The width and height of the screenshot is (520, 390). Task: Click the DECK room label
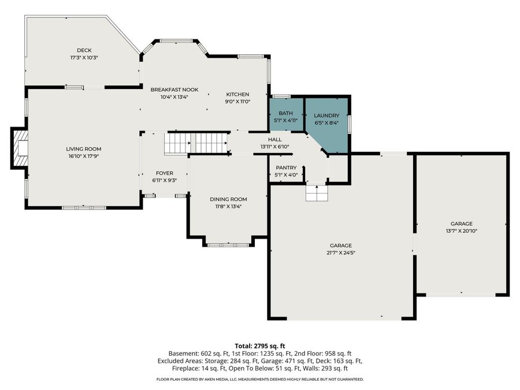point(84,50)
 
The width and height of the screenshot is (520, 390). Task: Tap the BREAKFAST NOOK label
point(174,90)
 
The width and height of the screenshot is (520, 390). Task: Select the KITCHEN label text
point(237,94)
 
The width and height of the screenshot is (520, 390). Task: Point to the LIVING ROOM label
point(84,148)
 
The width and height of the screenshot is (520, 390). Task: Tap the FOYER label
point(165,173)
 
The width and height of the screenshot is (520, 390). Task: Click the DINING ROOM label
point(228,199)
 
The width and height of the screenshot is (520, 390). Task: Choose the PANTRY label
point(285,168)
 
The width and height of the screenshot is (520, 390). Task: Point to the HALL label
point(274,139)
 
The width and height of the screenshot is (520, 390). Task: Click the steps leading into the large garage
point(317,194)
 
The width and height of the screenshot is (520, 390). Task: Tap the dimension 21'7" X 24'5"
point(341,252)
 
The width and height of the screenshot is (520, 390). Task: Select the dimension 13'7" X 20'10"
point(462,231)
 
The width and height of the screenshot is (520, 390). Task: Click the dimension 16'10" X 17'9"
point(84,155)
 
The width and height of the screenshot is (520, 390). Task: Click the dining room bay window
point(228,245)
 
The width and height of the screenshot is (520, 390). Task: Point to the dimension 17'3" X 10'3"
point(84,58)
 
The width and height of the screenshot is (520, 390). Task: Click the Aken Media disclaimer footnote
point(259,379)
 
